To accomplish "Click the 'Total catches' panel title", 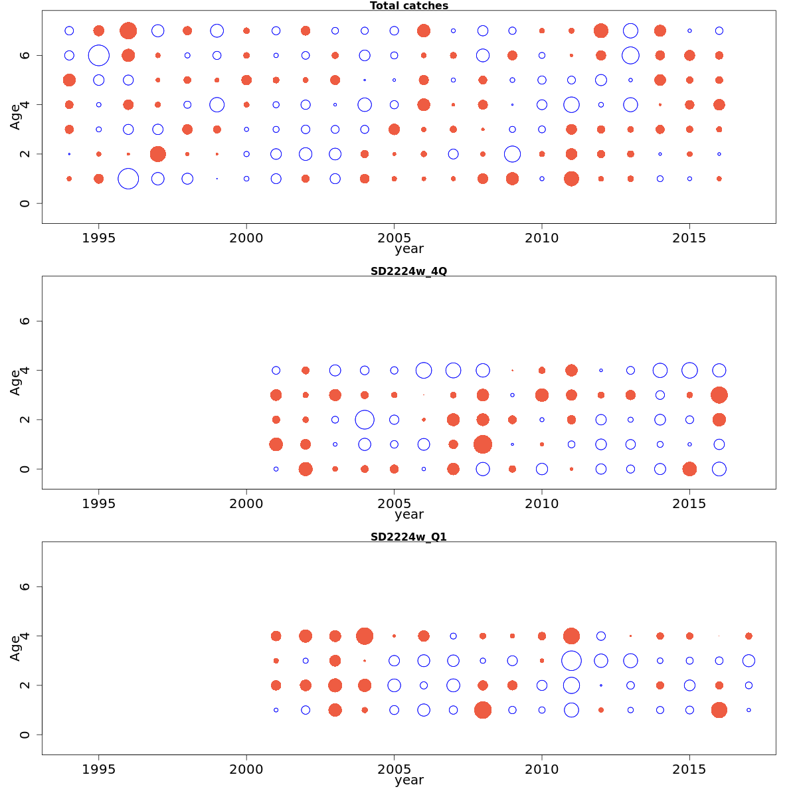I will click(408, 6).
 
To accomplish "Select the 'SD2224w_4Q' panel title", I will click(408, 271).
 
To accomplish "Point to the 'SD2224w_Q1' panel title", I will click(408, 537).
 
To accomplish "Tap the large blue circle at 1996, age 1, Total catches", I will click(128, 179).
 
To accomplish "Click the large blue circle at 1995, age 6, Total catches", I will click(99, 55).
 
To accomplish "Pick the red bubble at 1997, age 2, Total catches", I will click(157, 154).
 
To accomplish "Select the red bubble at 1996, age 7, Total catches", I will click(128, 31).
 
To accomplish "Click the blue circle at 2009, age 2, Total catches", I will click(512, 154).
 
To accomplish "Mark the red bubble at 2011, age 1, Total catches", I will click(571, 179).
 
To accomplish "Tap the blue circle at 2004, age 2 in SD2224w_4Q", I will click(365, 420).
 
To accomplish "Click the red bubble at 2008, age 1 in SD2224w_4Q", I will click(483, 444).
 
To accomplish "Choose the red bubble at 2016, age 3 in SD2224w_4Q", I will click(719, 395).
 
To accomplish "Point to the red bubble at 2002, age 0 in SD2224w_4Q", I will click(306, 469).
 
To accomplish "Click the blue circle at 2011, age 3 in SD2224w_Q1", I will click(571, 661).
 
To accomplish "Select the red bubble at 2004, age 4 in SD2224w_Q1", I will click(365, 636).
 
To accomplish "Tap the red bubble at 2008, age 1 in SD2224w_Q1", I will click(483, 710).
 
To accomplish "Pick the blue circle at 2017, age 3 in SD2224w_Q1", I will click(749, 661).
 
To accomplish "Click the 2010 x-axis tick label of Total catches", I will click(542, 238).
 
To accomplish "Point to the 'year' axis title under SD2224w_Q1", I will click(408, 780).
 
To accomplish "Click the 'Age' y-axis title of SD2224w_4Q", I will click(15, 383).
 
